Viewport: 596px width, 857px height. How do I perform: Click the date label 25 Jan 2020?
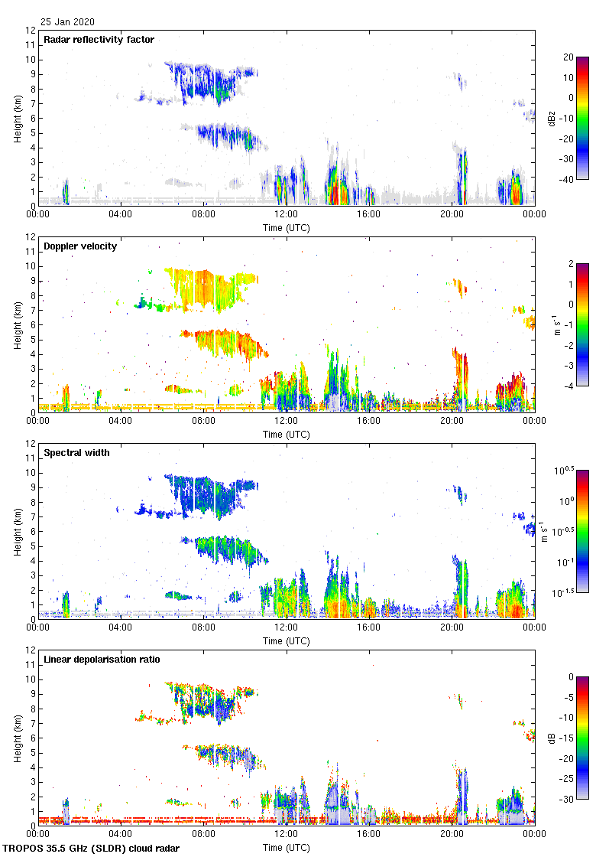(68, 22)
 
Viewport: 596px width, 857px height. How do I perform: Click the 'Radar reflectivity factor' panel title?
(99, 40)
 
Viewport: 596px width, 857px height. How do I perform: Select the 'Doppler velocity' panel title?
(80, 246)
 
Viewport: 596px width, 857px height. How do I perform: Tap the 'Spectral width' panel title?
(76, 453)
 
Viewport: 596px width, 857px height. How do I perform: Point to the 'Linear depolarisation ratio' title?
(102, 660)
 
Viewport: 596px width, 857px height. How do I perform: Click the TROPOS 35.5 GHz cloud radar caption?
(92, 849)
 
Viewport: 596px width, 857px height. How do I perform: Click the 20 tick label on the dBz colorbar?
(567, 57)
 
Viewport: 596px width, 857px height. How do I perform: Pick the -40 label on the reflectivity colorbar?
(567, 180)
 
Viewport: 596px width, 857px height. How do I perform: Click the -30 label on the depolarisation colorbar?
(567, 800)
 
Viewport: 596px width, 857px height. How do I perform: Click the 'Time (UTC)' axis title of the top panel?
(287, 227)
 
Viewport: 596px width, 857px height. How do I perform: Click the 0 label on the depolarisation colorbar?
(569, 677)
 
